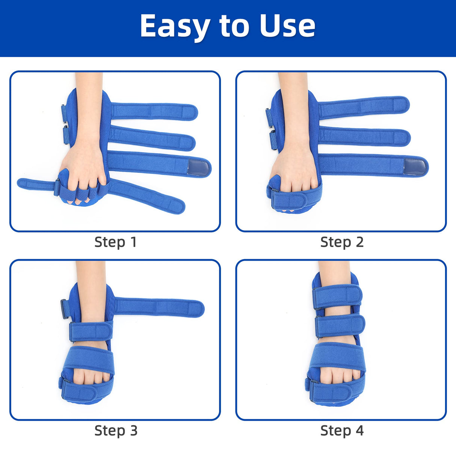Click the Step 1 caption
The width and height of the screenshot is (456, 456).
pyautogui.click(x=115, y=242)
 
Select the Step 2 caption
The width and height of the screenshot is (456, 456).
pyautogui.click(x=342, y=242)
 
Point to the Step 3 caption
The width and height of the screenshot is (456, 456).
pyautogui.click(x=115, y=430)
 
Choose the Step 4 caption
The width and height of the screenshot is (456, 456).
pyautogui.click(x=342, y=430)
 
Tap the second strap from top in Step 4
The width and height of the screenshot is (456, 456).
pyautogui.click(x=340, y=325)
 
